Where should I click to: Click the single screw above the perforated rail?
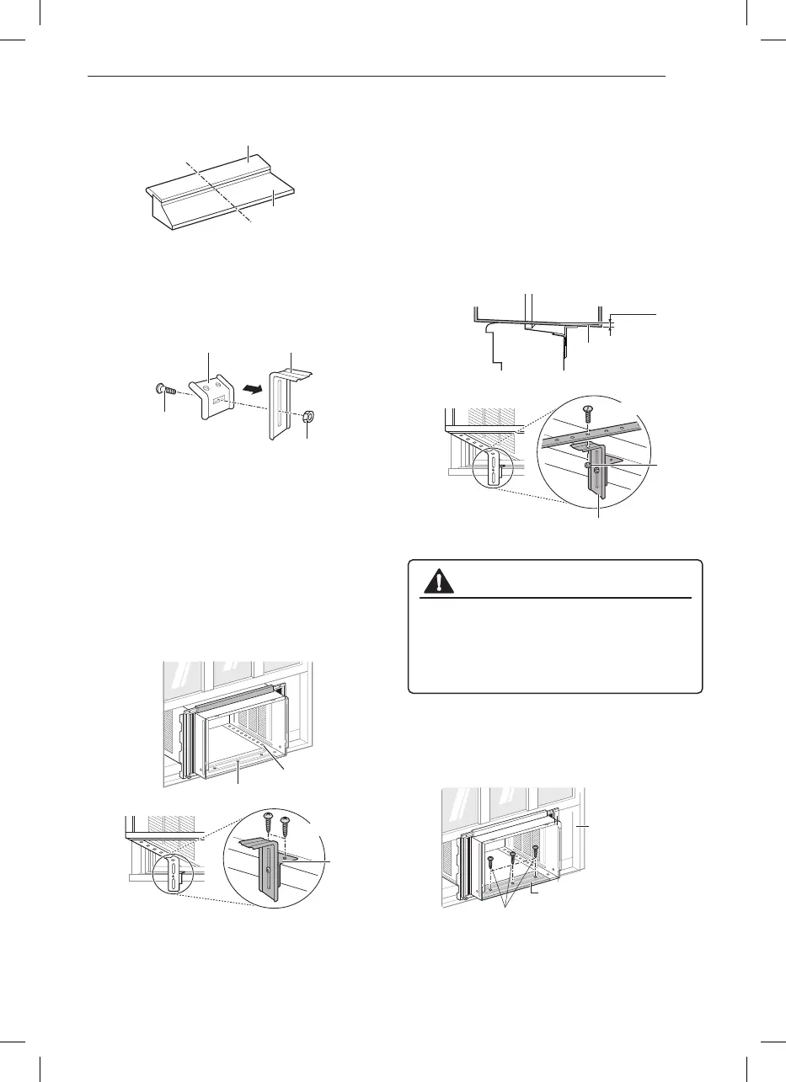click(587, 413)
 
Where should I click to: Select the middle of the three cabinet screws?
click(513, 858)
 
